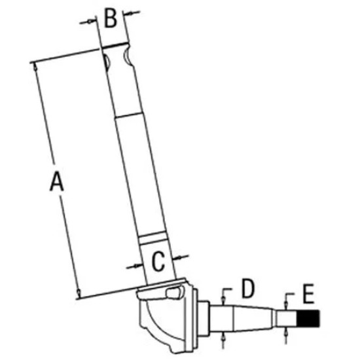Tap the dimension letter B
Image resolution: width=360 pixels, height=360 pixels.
pos(111,18)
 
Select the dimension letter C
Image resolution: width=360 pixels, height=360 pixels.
pos(158,261)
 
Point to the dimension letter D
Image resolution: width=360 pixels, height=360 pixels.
pos(249,289)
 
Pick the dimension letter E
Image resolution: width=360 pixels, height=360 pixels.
pos(308,294)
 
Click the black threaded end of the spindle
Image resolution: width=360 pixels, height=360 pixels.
pos(308,318)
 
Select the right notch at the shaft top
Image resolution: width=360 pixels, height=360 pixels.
pos(127,58)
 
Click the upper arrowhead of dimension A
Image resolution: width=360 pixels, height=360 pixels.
pos(35,67)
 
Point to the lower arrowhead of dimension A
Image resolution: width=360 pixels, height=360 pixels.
pos(79,293)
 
